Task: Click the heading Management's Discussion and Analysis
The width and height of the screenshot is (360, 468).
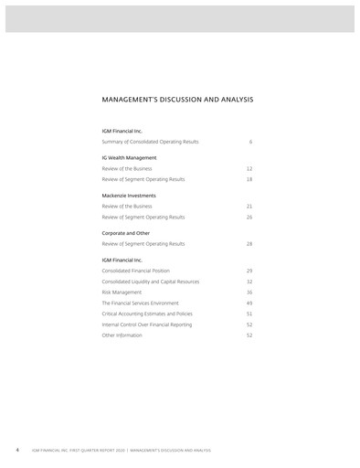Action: pyautogui.click(x=177, y=99)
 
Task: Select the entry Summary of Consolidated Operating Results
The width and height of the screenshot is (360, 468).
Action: pyautogui.click(x=150, y=142)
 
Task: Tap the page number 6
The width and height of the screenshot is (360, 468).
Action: pyautogui.click(x=250, y=142)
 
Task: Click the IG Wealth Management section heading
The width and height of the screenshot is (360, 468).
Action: pyautogui.click(x=129, y=157)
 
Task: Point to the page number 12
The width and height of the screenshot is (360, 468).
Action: pyautogui.click(x=249, y=169)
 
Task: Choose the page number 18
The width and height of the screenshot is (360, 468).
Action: pyautogui.click(x=249, y=179)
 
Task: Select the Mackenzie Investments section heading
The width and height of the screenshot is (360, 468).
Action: pyautogui.click(x=129, y=196)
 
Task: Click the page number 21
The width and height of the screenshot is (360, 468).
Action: pyautogui.click(x=249, y=207)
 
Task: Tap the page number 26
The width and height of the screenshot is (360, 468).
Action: pyautogui.click(x=249, y=218)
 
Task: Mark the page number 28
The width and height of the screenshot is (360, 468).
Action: pyautogui.click(x=249, y=244)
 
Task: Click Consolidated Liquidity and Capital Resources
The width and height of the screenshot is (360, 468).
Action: pyautogui.click(x=150, y=282)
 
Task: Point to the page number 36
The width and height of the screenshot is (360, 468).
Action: pyautogui.click(x=249, y=292)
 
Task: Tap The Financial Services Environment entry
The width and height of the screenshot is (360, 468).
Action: pyautogui.click(x=140, y=303)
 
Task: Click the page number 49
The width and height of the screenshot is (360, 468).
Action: pyautogui.click(x=249, y=303)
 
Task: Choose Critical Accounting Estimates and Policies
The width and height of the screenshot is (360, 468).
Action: pyautogui.click(x=147, y=314)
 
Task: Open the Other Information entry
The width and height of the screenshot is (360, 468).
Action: pyautogui.click(x=123, y=335)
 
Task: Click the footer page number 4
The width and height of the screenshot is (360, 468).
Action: pyautogui.click(x=16, y=451)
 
